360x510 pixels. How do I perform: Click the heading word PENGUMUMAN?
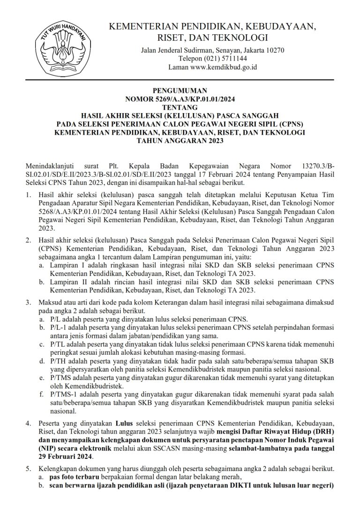pyautogui.click(x=180, y=91)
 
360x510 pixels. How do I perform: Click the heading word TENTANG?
pyautogui.click(x=180, y=107)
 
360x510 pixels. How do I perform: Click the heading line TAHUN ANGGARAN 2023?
pyautogui.click(x=180, y=141)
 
